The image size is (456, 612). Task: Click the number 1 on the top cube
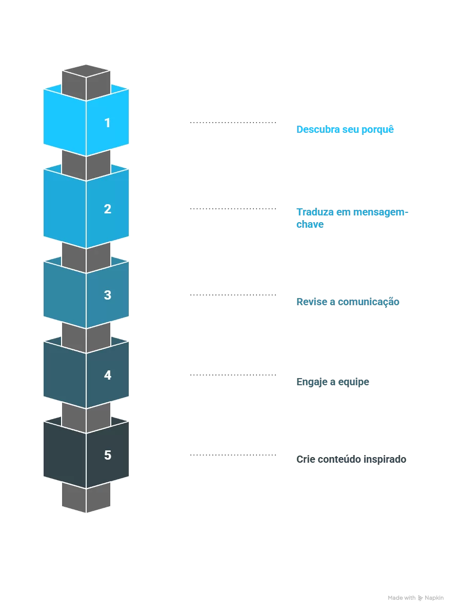(x=107, y=123)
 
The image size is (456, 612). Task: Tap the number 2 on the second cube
(x=107, y=209)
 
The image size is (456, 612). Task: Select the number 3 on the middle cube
(x=107, y=295)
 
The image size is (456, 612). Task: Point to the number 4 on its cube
(x=107, y=376)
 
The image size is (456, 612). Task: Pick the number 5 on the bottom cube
(x=107, y=456)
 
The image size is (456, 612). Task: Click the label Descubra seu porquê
(x=345, y=129)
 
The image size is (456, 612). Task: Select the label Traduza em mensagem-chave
(x=352, y=218)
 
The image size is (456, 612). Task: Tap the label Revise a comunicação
(x=348, y=302)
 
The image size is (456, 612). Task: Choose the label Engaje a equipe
(x=333, y=382)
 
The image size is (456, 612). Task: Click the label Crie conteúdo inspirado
(x=351, y=459)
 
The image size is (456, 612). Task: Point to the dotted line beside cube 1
(x=233, y=123)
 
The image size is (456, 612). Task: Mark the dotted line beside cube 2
(x=233, y=209)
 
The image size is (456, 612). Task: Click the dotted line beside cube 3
(x=233, y=295)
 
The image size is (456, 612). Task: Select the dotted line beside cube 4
(x=233, y=375)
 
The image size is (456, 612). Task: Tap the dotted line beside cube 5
(x=233, y=455)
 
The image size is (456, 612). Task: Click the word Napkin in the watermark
(x=434, y=598)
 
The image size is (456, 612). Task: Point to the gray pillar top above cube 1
(x=86, y=71)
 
